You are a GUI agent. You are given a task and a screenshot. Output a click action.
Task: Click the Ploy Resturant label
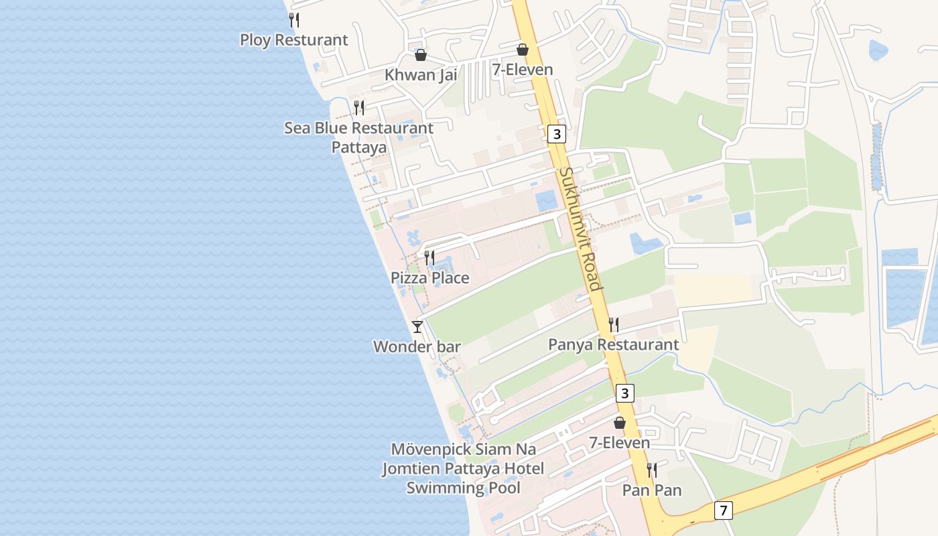pyautogui.click(x=294, y=40)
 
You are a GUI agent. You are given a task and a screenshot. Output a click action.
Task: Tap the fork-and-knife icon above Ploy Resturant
pyautogui.click(x=294, y=20)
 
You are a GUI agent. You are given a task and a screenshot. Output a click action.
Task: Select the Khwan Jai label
pyautogui.click(x=421, y=74)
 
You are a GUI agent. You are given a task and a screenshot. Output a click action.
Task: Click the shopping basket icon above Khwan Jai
pyautogui.click(x=421, y=55)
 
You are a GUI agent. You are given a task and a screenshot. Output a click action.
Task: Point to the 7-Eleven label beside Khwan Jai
pyautogui.click(x=523, y=70)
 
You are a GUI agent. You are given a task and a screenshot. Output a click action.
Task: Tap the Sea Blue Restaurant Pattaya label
pyautogui.click(x=359, y=137)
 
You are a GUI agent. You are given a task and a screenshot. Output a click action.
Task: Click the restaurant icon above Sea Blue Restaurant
pyautogui.click(x=359, y=107)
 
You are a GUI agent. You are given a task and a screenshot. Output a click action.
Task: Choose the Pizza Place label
pyautogui.click(x=430, y=277)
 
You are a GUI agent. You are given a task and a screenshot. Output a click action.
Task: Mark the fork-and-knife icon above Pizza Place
pyautogui.click(x=430, y=257)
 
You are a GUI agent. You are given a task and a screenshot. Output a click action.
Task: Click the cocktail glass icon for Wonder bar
pyautogui.click(x=417, y=327)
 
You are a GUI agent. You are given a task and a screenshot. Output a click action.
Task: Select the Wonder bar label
pyautogui.click(x=417, y=346)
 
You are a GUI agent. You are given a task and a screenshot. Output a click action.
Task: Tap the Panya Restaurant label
pyautogui.click(x=614, y=344)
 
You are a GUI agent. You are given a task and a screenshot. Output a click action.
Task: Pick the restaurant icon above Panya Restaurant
pyautogui.click(x=614, y=325)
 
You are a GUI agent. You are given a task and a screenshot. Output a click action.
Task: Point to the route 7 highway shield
pyautogui.click(x=723, y=510)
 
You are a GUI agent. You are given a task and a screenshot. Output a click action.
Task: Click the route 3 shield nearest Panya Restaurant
pyautogui.click(x=625, y=393)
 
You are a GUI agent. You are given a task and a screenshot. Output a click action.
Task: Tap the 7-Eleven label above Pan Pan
pyautogui.click(x=620, y=443)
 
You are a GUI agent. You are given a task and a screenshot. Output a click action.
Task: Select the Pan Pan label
pyautogui.click(x=652, y=490)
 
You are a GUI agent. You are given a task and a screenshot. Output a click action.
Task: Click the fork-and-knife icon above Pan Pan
pyautogui.click(x=651, y=470)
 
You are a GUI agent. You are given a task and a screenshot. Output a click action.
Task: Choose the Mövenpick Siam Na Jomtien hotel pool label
pyautogui.click(x=463, y=468)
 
